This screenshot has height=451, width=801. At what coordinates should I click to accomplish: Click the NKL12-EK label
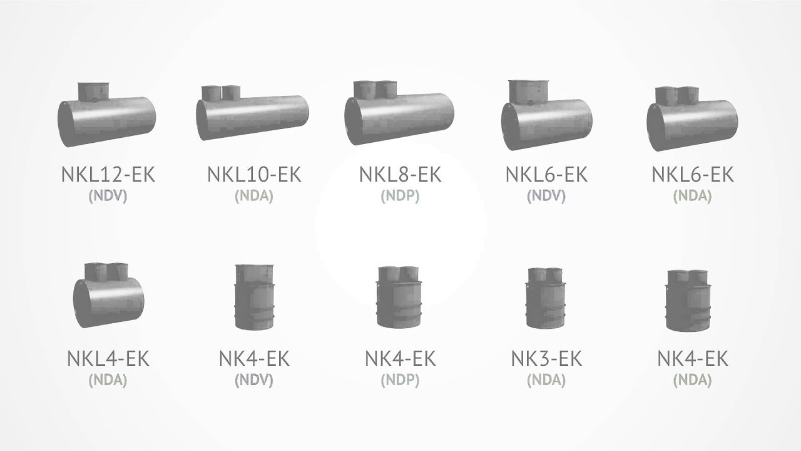(x=108, y=174)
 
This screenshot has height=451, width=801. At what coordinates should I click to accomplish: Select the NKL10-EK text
(x=254, y=174)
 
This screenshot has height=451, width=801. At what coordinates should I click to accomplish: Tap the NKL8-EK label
(x=400, y=174)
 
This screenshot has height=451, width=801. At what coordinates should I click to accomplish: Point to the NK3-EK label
(x=546, y=358)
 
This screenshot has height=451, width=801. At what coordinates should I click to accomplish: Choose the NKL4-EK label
(x=108, y=358)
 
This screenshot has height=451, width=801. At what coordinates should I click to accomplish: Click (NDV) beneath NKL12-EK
(x=108, y=196)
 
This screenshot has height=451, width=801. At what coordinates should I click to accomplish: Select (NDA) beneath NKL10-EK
(x=254, y=196)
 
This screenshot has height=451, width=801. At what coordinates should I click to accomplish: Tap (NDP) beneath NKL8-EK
(x=400, y=196)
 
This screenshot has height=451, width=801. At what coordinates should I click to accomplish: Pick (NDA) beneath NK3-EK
(x=546, y=380)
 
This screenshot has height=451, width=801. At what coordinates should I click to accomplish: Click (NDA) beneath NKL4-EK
(x=108, y=380)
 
